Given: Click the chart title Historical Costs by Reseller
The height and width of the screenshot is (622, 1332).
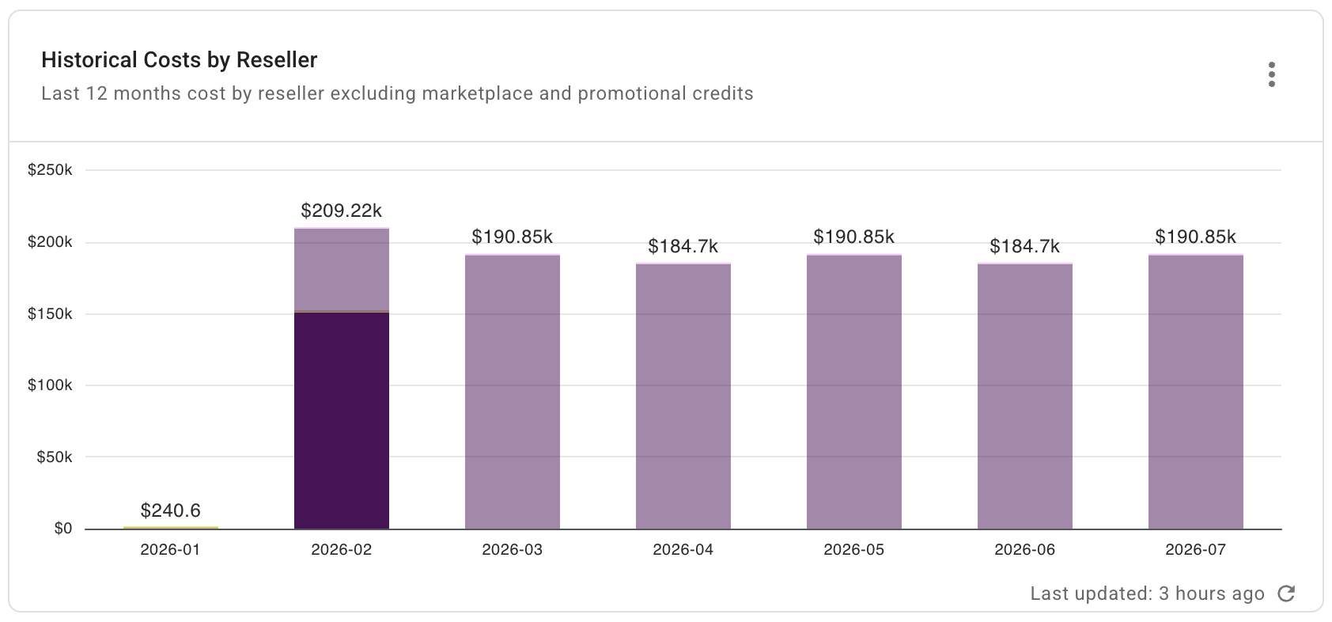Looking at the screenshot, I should [179, 60].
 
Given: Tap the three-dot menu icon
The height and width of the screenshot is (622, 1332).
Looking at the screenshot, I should [1271, 74].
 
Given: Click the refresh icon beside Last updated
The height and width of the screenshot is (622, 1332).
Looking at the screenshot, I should [1287, 594].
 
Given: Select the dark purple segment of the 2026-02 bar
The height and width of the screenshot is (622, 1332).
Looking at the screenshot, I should [341, 419].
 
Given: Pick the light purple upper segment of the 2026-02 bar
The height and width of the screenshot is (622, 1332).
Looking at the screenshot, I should [341, 269].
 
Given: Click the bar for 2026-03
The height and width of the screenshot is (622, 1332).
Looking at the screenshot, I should [512, 392].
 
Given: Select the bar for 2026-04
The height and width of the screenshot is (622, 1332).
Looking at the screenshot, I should [683, 396].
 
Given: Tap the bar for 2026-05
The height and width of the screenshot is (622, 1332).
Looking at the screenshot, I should [853, 392].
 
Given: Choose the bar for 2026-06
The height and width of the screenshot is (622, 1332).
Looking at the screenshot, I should [1024, 396].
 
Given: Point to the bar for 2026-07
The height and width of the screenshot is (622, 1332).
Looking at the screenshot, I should [1195, 392].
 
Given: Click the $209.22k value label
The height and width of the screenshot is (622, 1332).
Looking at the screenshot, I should [341, 210].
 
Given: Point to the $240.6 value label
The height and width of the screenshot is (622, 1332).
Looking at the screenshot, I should [170, 510].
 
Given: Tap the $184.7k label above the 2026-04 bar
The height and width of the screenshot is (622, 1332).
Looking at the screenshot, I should [683, 246].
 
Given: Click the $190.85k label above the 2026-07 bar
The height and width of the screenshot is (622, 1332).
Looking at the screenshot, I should [1195, 237].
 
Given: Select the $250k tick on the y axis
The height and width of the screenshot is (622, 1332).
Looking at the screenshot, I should [50, 170].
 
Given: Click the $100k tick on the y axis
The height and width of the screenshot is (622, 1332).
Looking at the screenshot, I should [50, 385].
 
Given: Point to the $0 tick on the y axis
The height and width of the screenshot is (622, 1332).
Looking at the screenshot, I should [63, 529].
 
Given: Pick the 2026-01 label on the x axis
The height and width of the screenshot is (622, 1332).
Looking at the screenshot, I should [170, 550].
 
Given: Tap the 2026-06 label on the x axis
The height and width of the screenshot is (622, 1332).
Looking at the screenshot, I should [1024, 550].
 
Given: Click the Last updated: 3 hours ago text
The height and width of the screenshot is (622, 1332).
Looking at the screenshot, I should [1147, 594].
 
